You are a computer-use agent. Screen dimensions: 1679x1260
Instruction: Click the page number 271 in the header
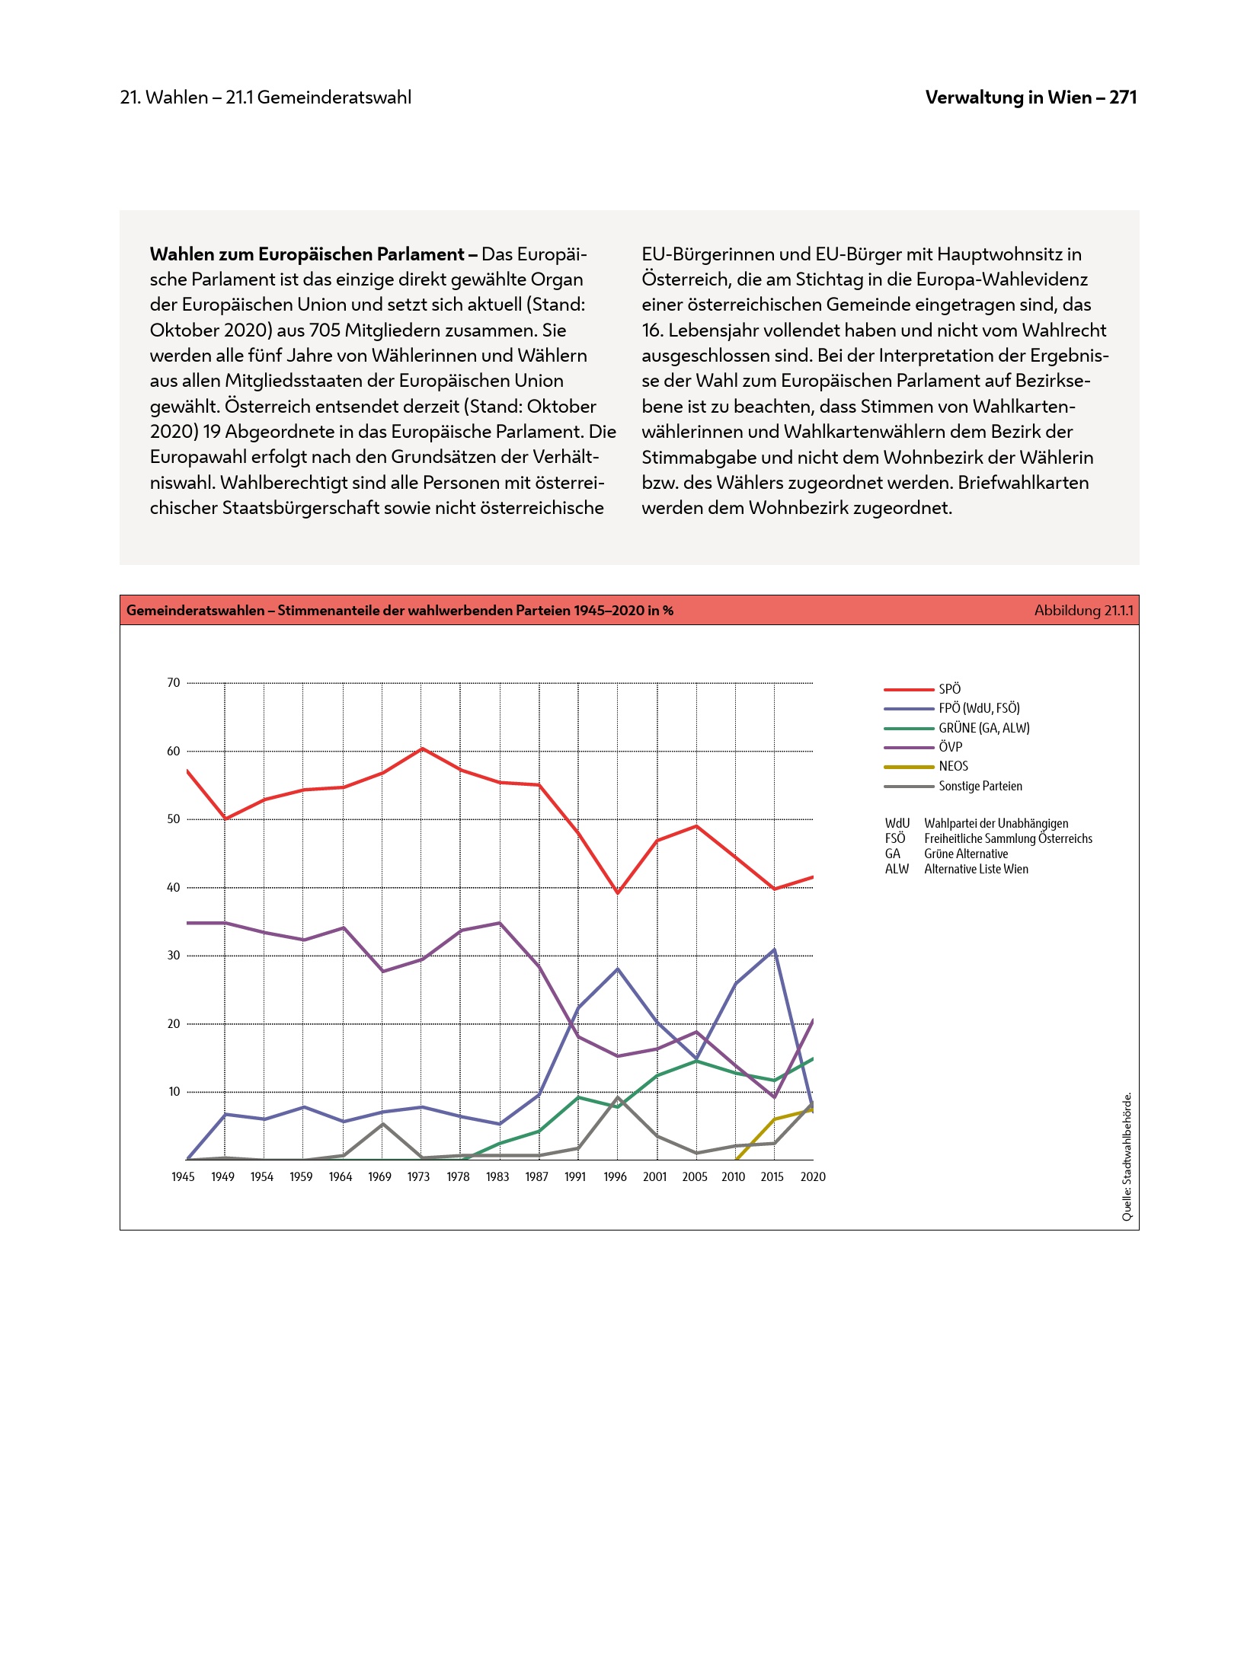[1123, 97]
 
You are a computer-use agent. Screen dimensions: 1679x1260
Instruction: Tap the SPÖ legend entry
[949, 689]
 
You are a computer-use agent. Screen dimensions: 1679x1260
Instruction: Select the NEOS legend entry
[953, 766]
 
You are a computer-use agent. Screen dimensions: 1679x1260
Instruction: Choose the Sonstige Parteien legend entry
[980, 786]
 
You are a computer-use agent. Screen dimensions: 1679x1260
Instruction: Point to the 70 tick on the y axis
[174, 683]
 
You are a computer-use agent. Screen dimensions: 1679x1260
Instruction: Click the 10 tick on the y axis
[174, 1092]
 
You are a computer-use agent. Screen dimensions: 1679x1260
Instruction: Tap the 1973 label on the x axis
[418, 1176]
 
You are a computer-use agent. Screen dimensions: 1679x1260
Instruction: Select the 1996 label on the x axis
[615, 1176]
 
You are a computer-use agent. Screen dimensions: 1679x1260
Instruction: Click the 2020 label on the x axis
[813, 1176]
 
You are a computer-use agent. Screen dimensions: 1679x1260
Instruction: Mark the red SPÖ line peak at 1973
[422, 749]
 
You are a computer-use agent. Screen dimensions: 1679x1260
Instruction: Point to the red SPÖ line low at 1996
[618, 892]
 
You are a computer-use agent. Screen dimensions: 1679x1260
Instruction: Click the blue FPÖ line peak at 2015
[774, 950]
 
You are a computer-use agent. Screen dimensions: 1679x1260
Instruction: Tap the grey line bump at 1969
[382, 1124]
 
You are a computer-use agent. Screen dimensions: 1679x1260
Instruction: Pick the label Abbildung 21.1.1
[1083, 611]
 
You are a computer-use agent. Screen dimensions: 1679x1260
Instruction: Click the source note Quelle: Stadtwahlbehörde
[1127, 1157]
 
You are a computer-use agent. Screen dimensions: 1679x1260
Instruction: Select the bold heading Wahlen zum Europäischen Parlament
[307, 254]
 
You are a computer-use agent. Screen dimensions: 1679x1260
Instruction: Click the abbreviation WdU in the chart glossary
[897, 823]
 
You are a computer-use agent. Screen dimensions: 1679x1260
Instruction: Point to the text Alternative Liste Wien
[976, 869]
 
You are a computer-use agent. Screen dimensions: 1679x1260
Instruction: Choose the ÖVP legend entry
[950, 747]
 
